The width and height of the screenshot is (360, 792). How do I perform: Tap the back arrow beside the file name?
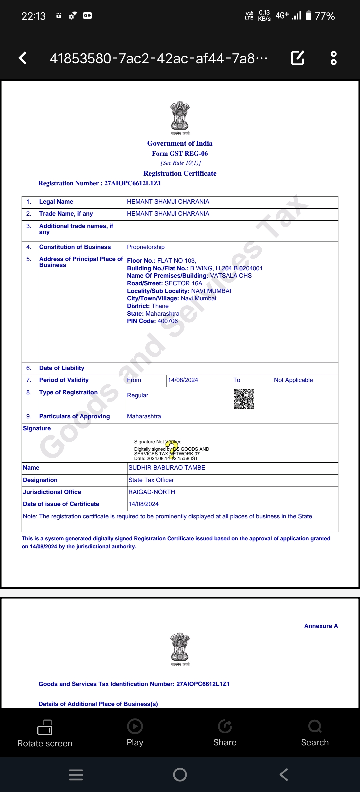tap(23, 58)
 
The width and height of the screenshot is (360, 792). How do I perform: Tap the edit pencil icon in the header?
tap(297, 58)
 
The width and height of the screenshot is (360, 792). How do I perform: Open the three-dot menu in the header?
tap(333, 58)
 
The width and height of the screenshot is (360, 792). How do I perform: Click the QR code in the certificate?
tap(244, 399)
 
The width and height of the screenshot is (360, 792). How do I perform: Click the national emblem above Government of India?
tap(180, 116)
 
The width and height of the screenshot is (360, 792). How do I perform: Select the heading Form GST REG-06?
tap(180, 154)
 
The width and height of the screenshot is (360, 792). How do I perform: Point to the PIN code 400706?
tap(168, 321)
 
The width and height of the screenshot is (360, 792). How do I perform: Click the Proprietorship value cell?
tap(146, 247)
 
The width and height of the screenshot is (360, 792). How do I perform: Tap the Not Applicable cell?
tap(293, 380)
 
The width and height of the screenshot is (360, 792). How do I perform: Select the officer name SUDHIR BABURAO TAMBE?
tap(167, 468)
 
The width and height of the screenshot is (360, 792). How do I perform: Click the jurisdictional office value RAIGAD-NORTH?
tap(152, 492)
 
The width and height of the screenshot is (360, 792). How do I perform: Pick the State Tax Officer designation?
tap(151, 480)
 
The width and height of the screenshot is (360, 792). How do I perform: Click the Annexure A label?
tap(321, 626)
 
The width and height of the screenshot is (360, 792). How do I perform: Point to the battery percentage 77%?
tap(325, 16)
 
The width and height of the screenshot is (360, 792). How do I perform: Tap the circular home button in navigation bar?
tap(180, 775)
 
